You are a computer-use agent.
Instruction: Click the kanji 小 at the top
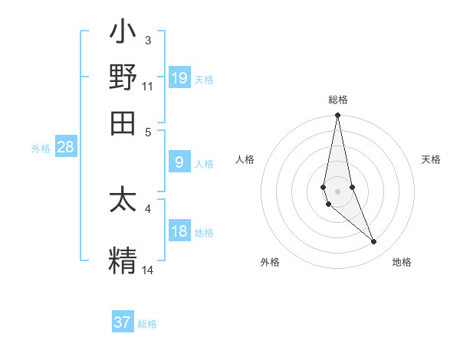[123, 34]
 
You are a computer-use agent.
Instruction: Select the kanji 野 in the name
[123, 77]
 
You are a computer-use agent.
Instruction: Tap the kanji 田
[123, 122]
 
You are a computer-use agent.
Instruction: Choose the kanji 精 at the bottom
[123, 259]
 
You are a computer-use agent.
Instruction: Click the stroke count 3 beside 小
[148, 40]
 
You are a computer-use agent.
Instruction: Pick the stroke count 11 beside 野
[148, 86]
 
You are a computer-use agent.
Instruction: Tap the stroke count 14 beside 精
[148, 270]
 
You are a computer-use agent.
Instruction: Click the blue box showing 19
[179, 77]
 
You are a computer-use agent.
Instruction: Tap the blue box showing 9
[179, 162]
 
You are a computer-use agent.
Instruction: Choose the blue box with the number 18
[179, 231]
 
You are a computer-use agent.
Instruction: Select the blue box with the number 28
[66, 148]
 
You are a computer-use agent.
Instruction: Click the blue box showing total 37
[123, 322]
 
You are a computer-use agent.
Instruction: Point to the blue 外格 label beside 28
[41, 149]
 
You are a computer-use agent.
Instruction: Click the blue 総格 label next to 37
[147, 324]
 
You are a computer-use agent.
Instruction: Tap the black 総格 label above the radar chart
[338, 100]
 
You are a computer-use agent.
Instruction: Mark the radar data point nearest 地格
[373, 241]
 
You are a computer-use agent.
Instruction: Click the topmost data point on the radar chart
[337, 116]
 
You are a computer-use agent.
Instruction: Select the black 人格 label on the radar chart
[245, 159]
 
